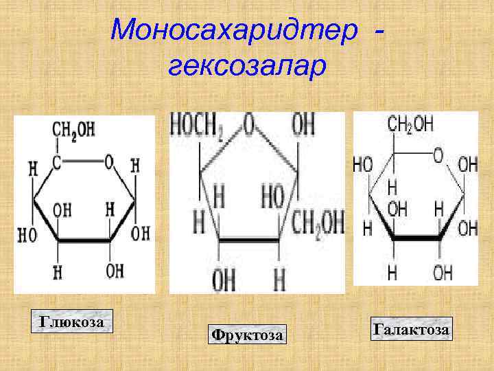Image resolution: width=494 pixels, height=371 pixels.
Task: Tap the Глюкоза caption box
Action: [71, 322]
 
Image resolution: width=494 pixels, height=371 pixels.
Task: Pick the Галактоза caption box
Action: [411, 330]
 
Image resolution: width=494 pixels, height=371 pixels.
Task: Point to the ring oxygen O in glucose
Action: [108, 164]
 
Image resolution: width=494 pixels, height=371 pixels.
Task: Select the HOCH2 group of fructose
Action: [199, 126]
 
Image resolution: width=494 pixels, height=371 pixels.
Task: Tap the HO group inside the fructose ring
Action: [278, 197]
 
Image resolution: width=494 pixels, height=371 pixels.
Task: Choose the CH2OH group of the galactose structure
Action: [410, 124]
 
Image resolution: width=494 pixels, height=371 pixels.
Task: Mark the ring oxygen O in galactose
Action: [438, 156]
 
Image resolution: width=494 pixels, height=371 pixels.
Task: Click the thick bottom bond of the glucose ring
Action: [84, 241]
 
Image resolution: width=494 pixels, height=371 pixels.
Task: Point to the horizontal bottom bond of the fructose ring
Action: [248, 240]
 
